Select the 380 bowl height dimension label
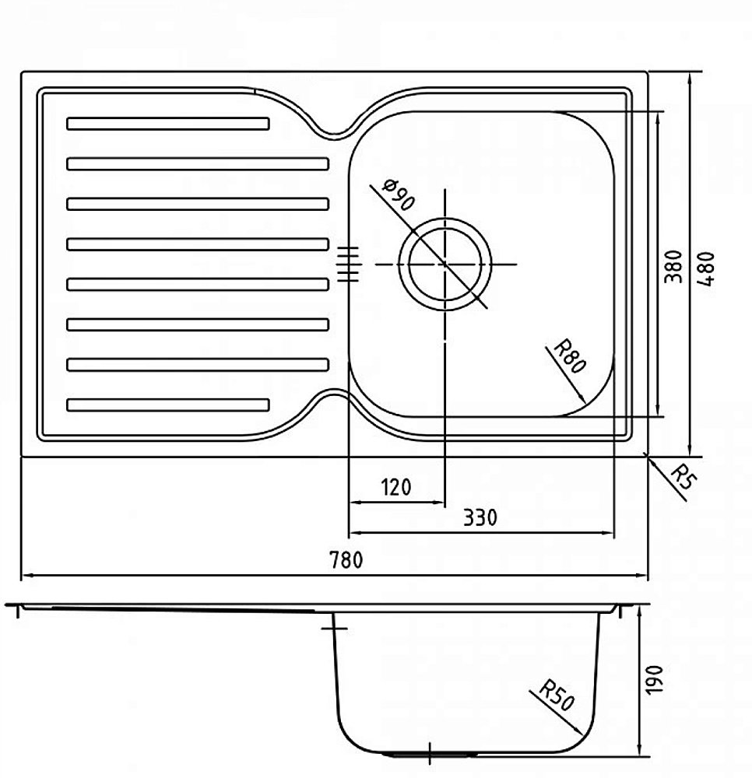(x=675, y=266)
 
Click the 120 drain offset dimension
(x=395, y=488)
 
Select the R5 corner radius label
(x=683, y=475)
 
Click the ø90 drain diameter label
(x=399, y=195)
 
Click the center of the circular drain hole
(x=445, y=265)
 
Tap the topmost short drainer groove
(x=168, y=123)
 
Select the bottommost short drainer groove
(x=168, y=405)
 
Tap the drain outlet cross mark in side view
(x=430, y=754)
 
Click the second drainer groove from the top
(x=198, y=163)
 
